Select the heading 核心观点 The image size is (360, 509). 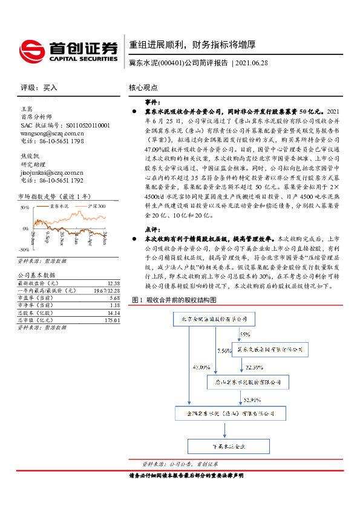(x=143, y=88)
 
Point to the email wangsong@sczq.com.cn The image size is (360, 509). (x=52, y=133)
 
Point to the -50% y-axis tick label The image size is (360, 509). (x=24, y=249)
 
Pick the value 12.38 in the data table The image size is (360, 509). (x=113, y=284)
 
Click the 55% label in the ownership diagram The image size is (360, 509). (x=244, y=334)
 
